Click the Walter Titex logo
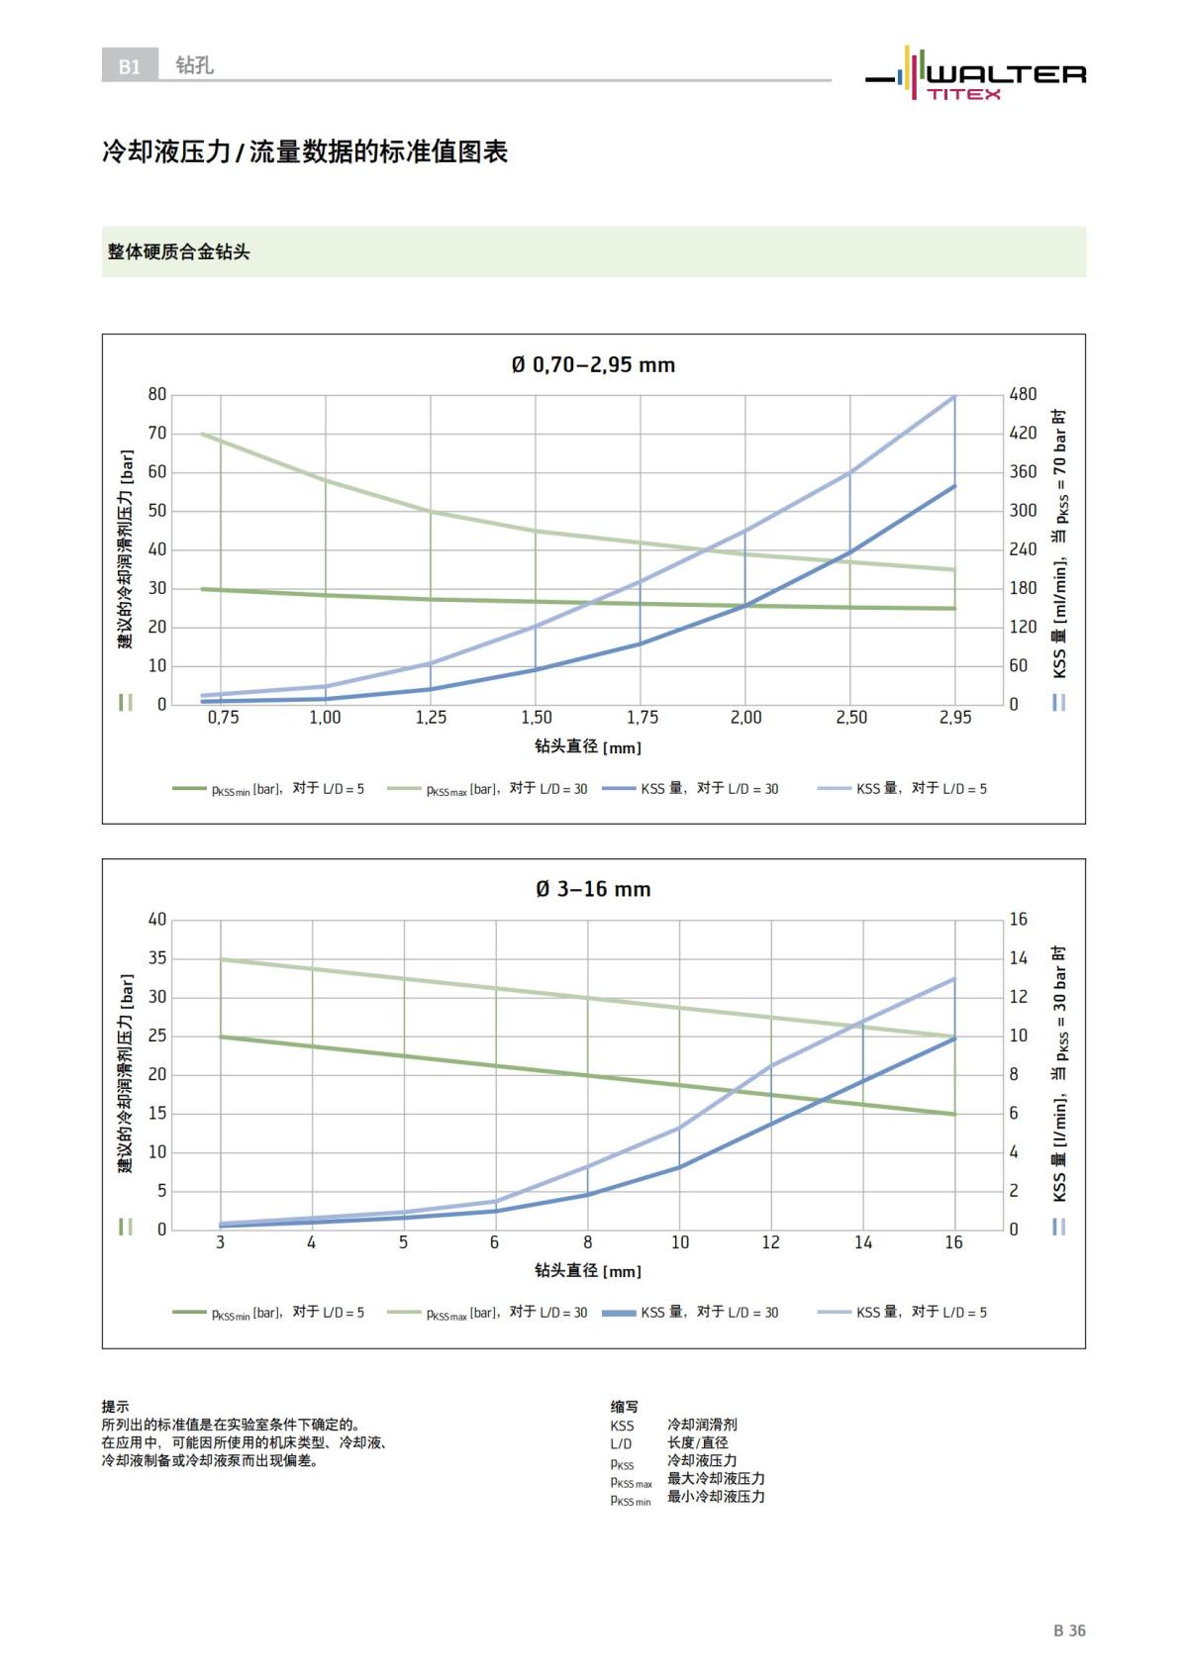click(x=976, y=74)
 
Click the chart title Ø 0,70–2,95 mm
click(x=593, y=365)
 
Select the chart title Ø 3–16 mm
click(x=593, y=889)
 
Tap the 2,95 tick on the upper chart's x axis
click(x=954, y=718)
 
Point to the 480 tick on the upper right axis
click(x=1023, y=394)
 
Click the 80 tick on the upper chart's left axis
click(x=157, y=394)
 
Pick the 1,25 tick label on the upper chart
click(x=431, y=718)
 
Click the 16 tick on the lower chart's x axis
click(x=953, y=1242)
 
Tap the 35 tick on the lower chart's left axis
click(x=157, y=958)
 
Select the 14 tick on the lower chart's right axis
click(x=1019, y=958)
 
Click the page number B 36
click(x=1069, y=1631)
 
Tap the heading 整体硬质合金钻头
click(x=179, y=252)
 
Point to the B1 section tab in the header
click(x=130, y=66)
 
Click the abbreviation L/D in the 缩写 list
click(x=621, y=1443)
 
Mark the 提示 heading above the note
click(x=115, y=1406)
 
